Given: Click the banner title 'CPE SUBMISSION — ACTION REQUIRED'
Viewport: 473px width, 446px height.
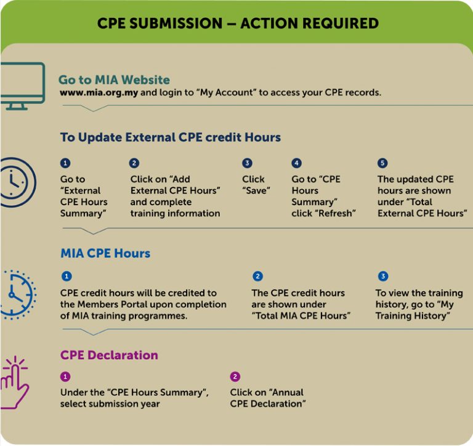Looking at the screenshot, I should point(237,24).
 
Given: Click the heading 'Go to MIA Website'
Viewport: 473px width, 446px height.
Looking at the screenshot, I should point(114,80).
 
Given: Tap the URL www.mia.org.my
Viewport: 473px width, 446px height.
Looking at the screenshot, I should point(99,93).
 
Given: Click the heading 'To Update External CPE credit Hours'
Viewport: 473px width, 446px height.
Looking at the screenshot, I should point(171,137).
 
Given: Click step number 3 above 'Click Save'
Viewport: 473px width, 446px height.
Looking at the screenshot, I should point(247,163).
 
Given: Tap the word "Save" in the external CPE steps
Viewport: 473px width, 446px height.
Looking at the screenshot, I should point(256,190).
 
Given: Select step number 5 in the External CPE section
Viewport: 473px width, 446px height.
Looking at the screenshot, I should point(382,163).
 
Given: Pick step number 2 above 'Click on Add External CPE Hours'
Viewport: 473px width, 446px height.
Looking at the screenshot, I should point(134,163).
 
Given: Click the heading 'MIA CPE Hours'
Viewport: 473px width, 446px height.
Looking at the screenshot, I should point(105,253).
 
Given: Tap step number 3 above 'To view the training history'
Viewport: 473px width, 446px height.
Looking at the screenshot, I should point(383,277).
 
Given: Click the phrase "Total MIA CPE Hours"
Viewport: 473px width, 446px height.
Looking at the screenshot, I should point(301,315).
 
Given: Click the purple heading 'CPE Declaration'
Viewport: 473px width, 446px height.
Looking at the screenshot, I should point(109,355).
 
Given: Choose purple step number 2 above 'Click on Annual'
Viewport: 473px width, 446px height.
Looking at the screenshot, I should point(235,376).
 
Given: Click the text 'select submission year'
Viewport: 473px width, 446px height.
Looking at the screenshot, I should point(110,403).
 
